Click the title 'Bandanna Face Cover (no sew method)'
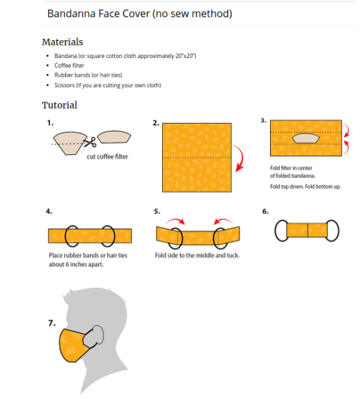click(x=139, y=14)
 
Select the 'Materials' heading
click(x=62, y=42)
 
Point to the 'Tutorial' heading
click(x=60, y=105)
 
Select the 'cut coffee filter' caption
click(x=107, y=156)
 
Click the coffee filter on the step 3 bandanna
click(x=306, y=138)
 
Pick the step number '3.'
click(x=263, y=120)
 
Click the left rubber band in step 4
click(x=75, y=236)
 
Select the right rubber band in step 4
click(x=107, y=236)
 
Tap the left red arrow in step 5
click(x=177, y=221)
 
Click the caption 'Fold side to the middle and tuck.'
click(x=197, y=254)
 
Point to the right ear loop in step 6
click(x=332, y=230)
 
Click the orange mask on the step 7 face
click(x=76, y=346)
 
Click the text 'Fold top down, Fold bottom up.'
click(x=305, y=187)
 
